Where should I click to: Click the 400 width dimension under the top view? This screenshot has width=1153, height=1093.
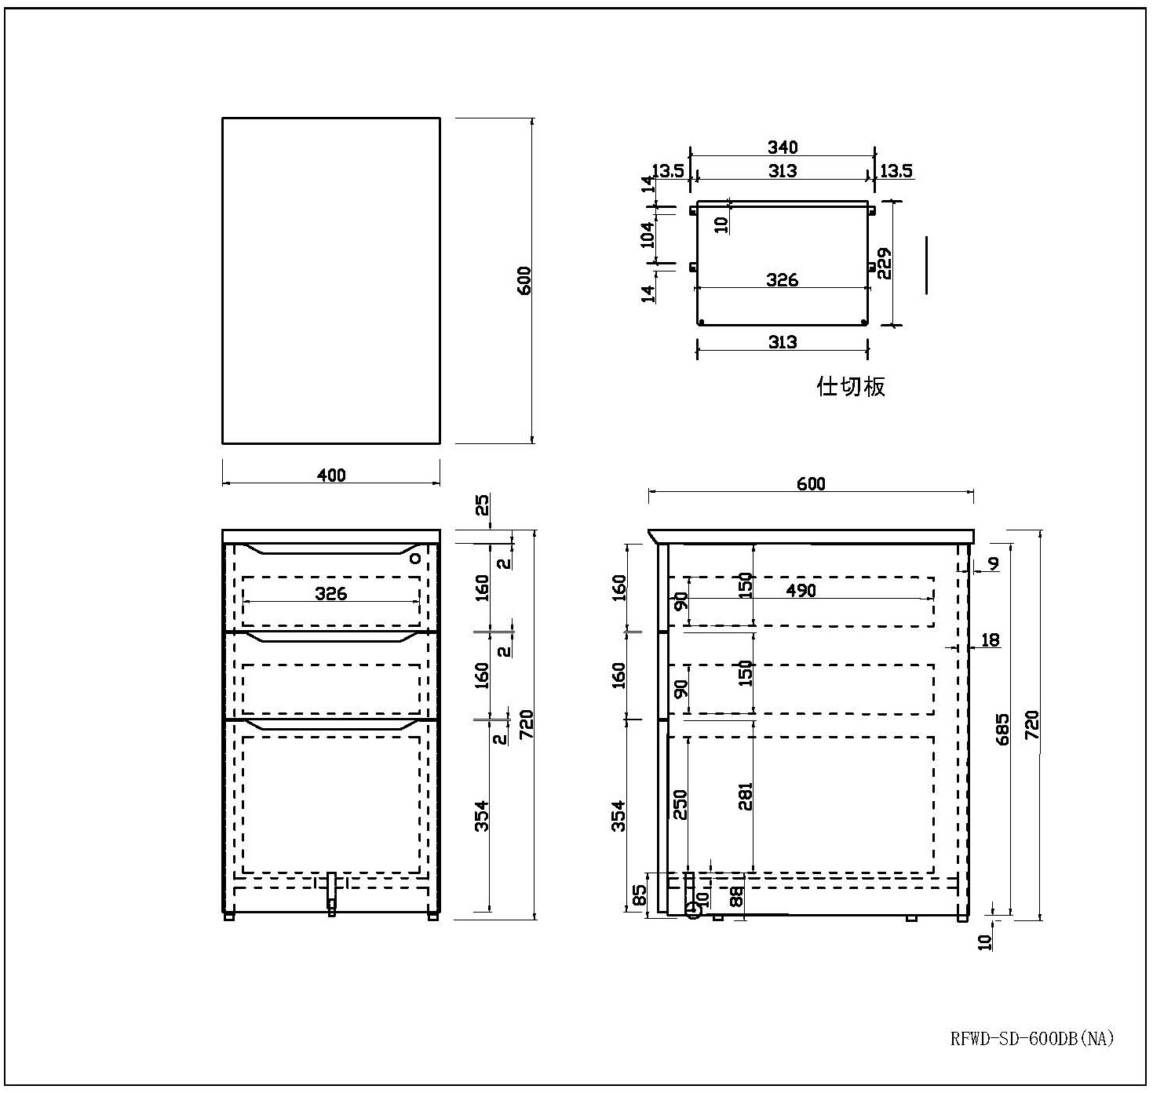coord(331,475)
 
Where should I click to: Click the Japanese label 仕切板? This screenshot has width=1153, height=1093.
coord(850,386)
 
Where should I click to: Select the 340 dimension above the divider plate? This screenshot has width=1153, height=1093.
coord(783,148)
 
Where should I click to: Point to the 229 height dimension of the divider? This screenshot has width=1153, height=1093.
coord(885,264)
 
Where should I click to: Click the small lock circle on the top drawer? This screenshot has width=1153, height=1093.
coord(415,558)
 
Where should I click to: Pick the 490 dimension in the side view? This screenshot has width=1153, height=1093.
coord(801,591)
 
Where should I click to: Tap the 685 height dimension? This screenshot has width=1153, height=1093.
coord(1003,729)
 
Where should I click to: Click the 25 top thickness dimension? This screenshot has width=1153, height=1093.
coord(481,505)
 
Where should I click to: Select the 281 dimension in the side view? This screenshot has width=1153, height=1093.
coord(745,796)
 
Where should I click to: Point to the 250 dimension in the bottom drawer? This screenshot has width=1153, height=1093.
coord(680,804)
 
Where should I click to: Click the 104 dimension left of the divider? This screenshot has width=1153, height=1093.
coord(647,235)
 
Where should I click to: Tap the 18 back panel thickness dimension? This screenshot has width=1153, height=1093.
coord(990,639)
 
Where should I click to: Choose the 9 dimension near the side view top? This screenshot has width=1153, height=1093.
coord(993,563)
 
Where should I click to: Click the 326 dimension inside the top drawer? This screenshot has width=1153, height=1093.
coord(331,593)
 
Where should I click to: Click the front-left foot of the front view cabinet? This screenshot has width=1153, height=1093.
coord(229,916)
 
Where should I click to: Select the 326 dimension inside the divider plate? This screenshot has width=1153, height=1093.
coord(783,279)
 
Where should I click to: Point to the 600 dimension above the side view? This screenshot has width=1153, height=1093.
coord(811,484)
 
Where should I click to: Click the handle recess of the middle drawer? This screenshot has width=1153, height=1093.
coord(331,637)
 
